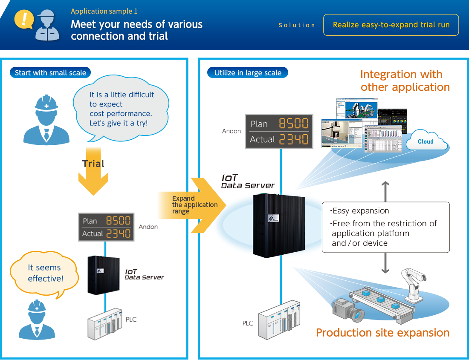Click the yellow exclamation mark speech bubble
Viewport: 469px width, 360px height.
click(x=24, y=20)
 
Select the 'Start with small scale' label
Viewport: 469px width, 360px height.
click(x=50, y=73)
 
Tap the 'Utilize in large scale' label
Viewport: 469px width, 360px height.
click(x=248, y=73)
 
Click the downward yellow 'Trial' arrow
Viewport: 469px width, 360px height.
click(x=93, y=173)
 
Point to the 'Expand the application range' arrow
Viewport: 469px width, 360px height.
click(x=192, y=205)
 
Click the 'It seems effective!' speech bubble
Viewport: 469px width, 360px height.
click(x=45, y=274)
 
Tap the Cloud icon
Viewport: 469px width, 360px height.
click(x=426, y=142)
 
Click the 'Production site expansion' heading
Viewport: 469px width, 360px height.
click(x=382, y=333)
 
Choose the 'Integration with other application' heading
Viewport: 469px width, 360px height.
click(x=405, y=81)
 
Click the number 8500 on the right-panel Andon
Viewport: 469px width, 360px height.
click(x=294, y=124)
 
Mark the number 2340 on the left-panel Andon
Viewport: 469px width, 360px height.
click(x=118, y=233)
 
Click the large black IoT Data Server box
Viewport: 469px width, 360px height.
click(x=279, y=225)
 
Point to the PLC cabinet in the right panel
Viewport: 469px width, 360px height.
click(x=279, y=320)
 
